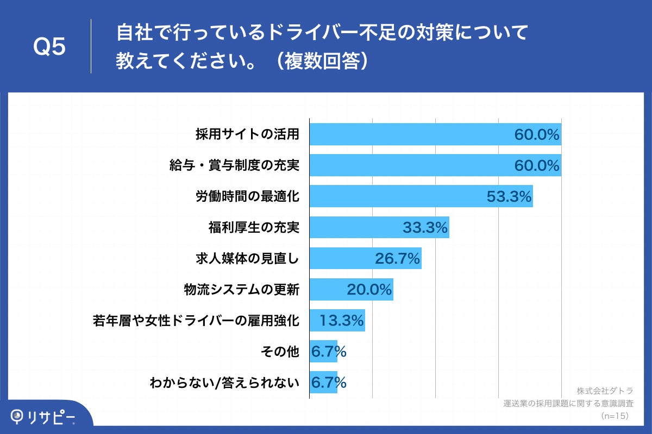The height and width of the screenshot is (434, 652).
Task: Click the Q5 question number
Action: tap(49, 47)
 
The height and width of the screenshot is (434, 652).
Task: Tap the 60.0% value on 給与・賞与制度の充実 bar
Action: tap(537, 165)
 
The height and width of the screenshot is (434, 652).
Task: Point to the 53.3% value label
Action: tap(509, 196)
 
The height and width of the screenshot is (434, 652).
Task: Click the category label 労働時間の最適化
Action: tap(247, 196)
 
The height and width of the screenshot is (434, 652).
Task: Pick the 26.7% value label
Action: tap(397, 259)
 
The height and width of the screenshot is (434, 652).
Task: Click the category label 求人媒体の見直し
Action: tap(247, 259)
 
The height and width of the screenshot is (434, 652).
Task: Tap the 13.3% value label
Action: tap(341, 321)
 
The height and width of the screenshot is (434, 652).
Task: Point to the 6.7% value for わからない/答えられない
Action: tap(328, 383)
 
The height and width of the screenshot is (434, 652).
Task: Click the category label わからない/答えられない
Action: tap(224, 383)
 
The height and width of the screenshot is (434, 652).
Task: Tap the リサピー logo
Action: tap(43, 417)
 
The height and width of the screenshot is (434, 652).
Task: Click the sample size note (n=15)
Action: tap(615, 416)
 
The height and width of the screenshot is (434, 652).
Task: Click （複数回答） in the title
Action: tap(321, 61)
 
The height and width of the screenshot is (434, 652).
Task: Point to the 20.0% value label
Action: tap(369, 290)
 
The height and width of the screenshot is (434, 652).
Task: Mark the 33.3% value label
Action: tap(425, 228)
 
